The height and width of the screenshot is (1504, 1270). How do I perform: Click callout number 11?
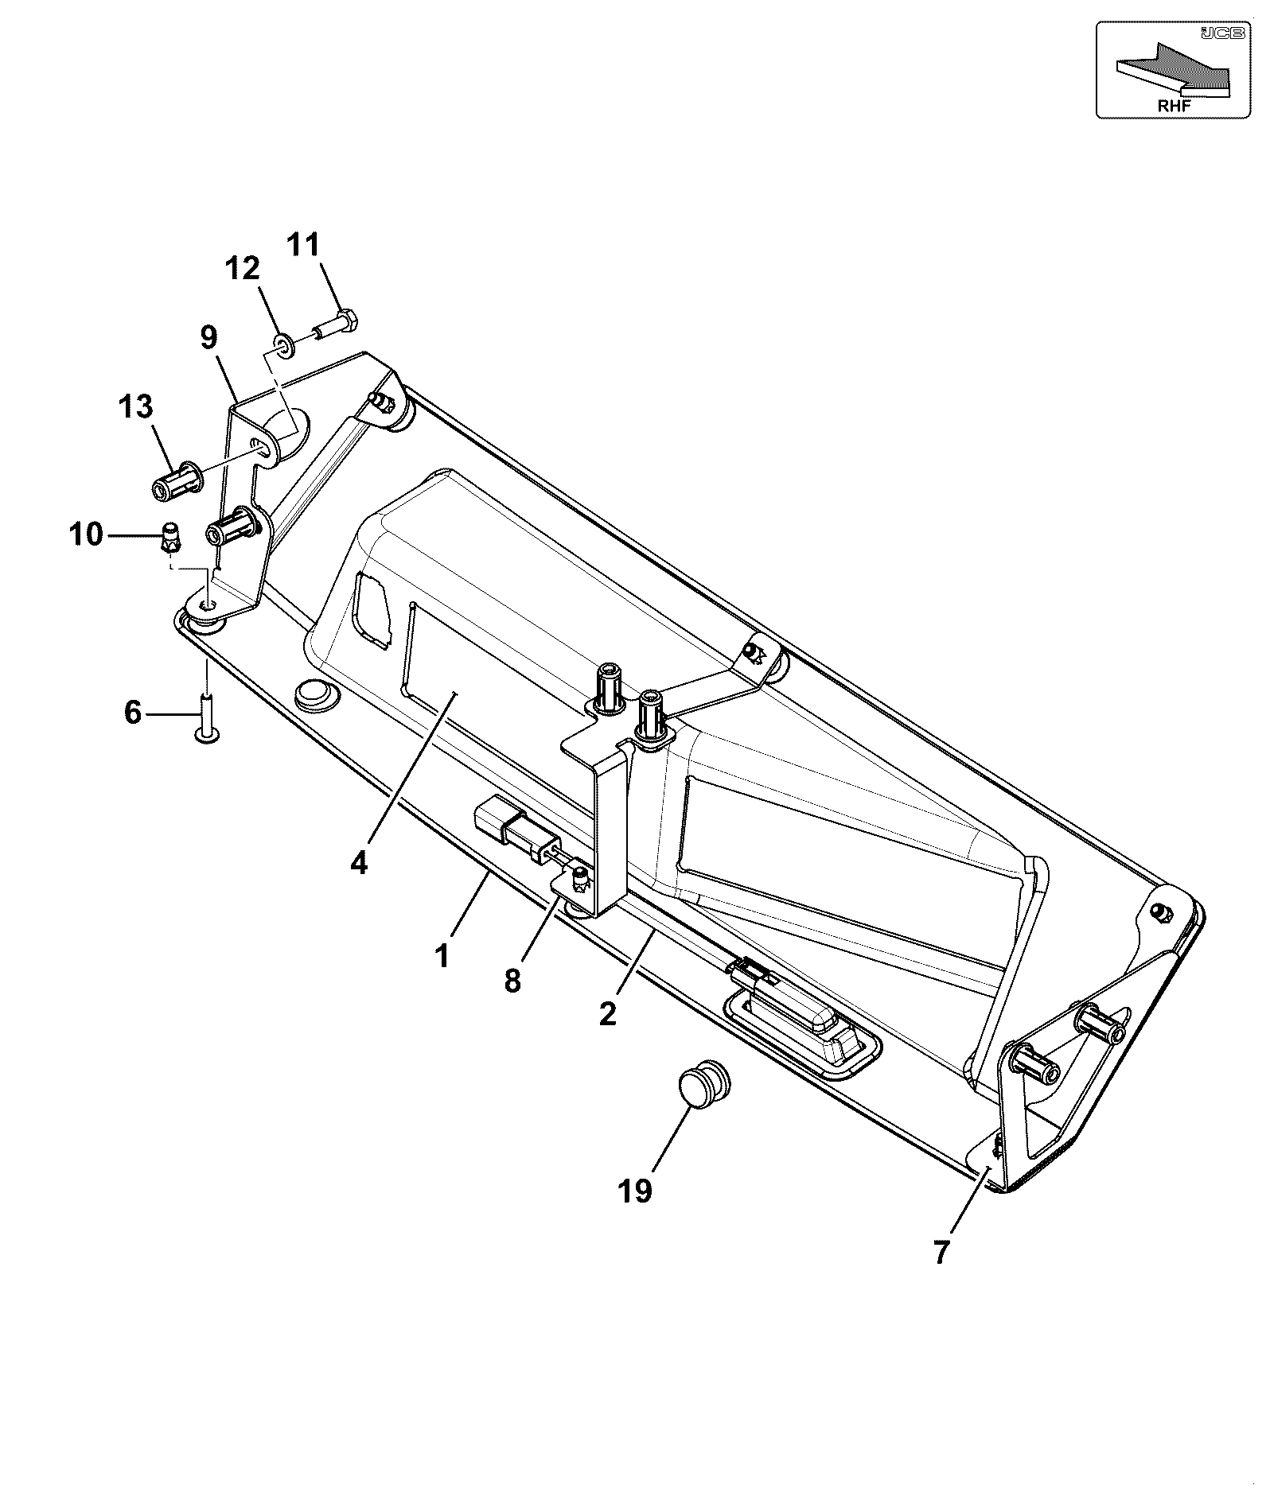(302, 244)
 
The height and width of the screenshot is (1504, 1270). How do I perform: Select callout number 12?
(243, 268)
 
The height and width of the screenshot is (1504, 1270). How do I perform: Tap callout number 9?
(208, 337)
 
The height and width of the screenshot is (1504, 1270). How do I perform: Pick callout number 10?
(86, 534)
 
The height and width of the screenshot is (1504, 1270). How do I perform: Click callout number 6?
(133, 712)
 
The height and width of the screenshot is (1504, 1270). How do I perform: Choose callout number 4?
(359, 862)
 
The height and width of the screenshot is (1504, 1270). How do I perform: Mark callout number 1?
(442, 955)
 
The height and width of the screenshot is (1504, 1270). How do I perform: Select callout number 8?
(512, 981)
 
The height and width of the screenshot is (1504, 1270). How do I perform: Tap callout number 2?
(608, 1014)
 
